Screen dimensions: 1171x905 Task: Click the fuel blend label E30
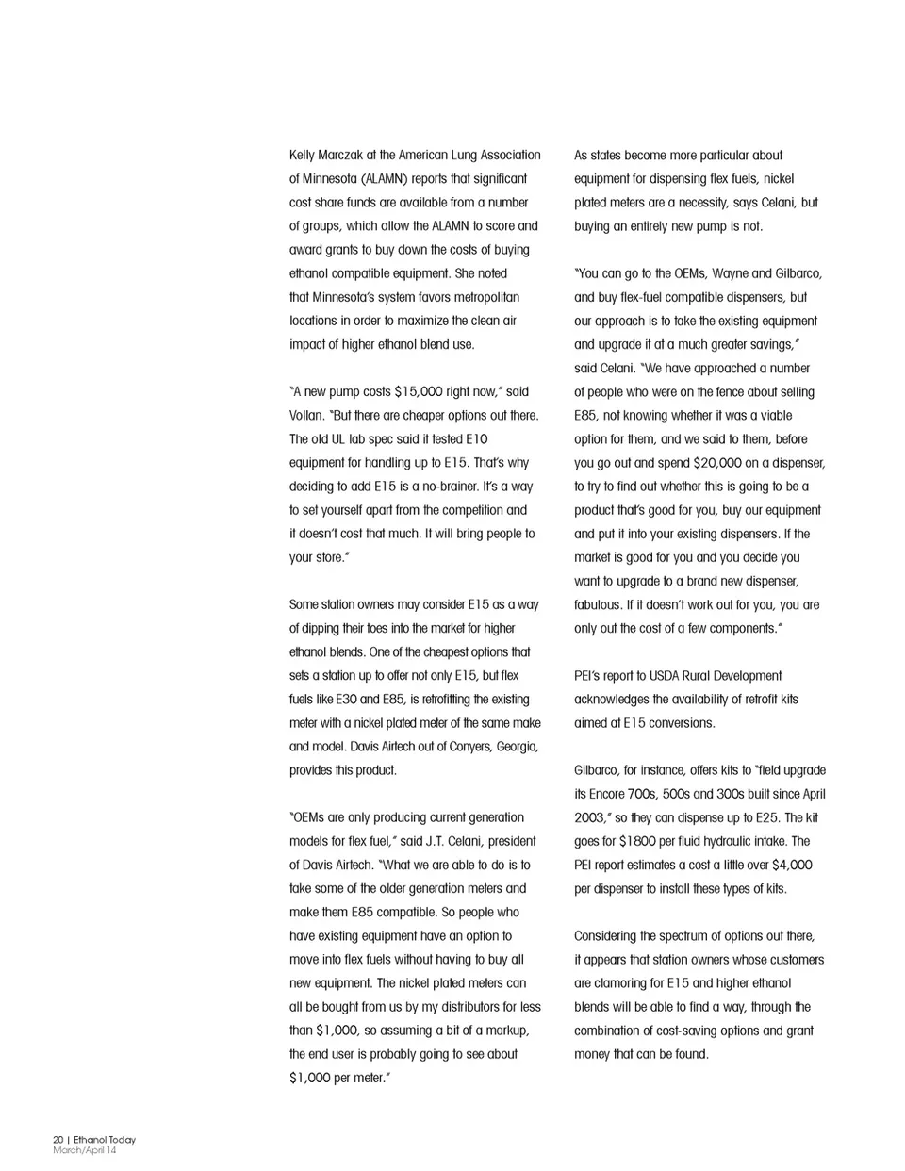[x=346, y=700]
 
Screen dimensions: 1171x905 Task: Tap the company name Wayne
[x=731, y=274]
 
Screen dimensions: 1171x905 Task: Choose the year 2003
[x=591, y=818]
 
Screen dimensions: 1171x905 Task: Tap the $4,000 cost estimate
[x=792, y=866]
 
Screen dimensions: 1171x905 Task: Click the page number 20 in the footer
[x=58, y=1140]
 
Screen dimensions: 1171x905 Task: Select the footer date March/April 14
[x=85, y=1150]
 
